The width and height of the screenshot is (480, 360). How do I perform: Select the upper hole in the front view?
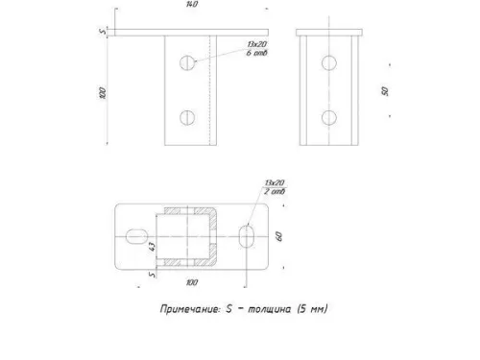tap(187, 63)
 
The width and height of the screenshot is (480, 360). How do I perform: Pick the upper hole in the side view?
tap(330, 63)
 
